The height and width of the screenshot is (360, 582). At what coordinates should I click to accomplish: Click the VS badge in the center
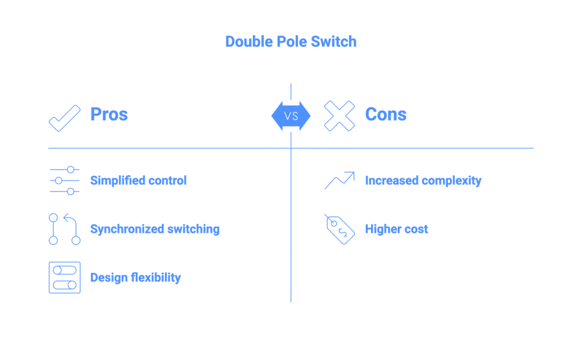tap(291, 116)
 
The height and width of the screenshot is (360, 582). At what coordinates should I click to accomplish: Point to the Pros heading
tap(108, 115)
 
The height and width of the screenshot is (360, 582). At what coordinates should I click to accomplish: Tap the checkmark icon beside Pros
tap(64, 116)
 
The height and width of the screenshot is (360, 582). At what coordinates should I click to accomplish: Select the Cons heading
tap(386, 115)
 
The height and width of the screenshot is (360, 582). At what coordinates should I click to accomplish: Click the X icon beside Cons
tap(340, 116)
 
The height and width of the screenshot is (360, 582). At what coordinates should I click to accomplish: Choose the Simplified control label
tap(138, 181)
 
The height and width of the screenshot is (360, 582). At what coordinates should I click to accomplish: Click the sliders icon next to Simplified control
tap(64, 181)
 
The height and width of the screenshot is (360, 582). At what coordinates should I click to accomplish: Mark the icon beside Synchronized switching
tap(64, 230)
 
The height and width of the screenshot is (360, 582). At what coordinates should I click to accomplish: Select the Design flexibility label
tap(135, 278)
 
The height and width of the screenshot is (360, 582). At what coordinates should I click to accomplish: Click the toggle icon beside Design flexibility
tap(64, 278)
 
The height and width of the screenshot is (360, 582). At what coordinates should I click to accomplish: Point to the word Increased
tap(392, 181)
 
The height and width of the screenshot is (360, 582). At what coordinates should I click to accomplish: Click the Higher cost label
tap(396, 230)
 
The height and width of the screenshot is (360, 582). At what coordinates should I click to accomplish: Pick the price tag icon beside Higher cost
tap(340, 230)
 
